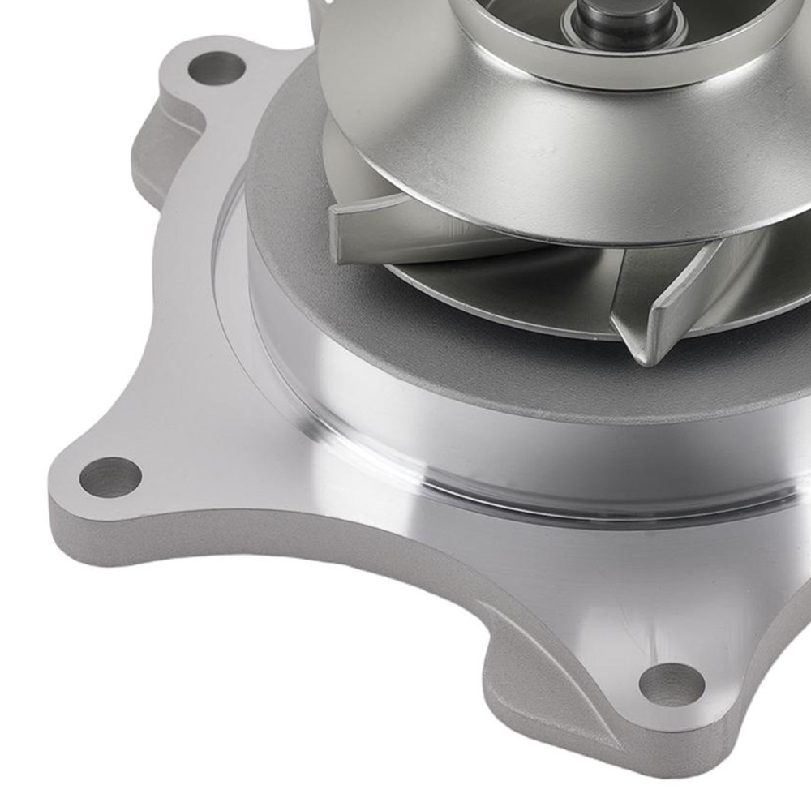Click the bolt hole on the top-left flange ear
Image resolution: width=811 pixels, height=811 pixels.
point(216,67)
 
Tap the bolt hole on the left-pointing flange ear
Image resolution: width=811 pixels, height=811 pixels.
point(110,477)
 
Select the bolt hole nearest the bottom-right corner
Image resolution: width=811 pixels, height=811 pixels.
point(671,684)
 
